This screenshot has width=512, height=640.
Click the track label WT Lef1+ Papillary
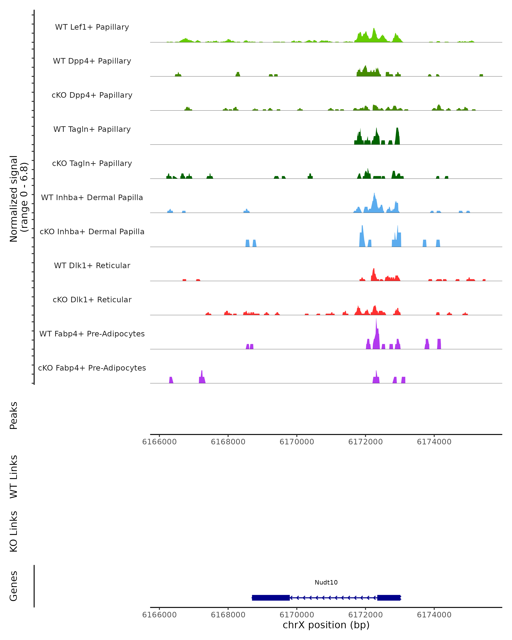92,27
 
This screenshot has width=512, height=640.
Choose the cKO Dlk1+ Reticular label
92,300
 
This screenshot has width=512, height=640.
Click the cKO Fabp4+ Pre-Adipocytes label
92,368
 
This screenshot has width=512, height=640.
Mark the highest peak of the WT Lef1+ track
374,29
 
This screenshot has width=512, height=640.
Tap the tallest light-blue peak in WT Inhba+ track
374,194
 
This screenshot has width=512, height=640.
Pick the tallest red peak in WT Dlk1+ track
374,269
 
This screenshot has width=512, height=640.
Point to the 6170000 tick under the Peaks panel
297,442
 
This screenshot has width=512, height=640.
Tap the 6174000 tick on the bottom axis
434,615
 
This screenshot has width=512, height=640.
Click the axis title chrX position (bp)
326,625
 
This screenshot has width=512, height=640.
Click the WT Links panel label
14,476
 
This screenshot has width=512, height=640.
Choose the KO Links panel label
14,532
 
